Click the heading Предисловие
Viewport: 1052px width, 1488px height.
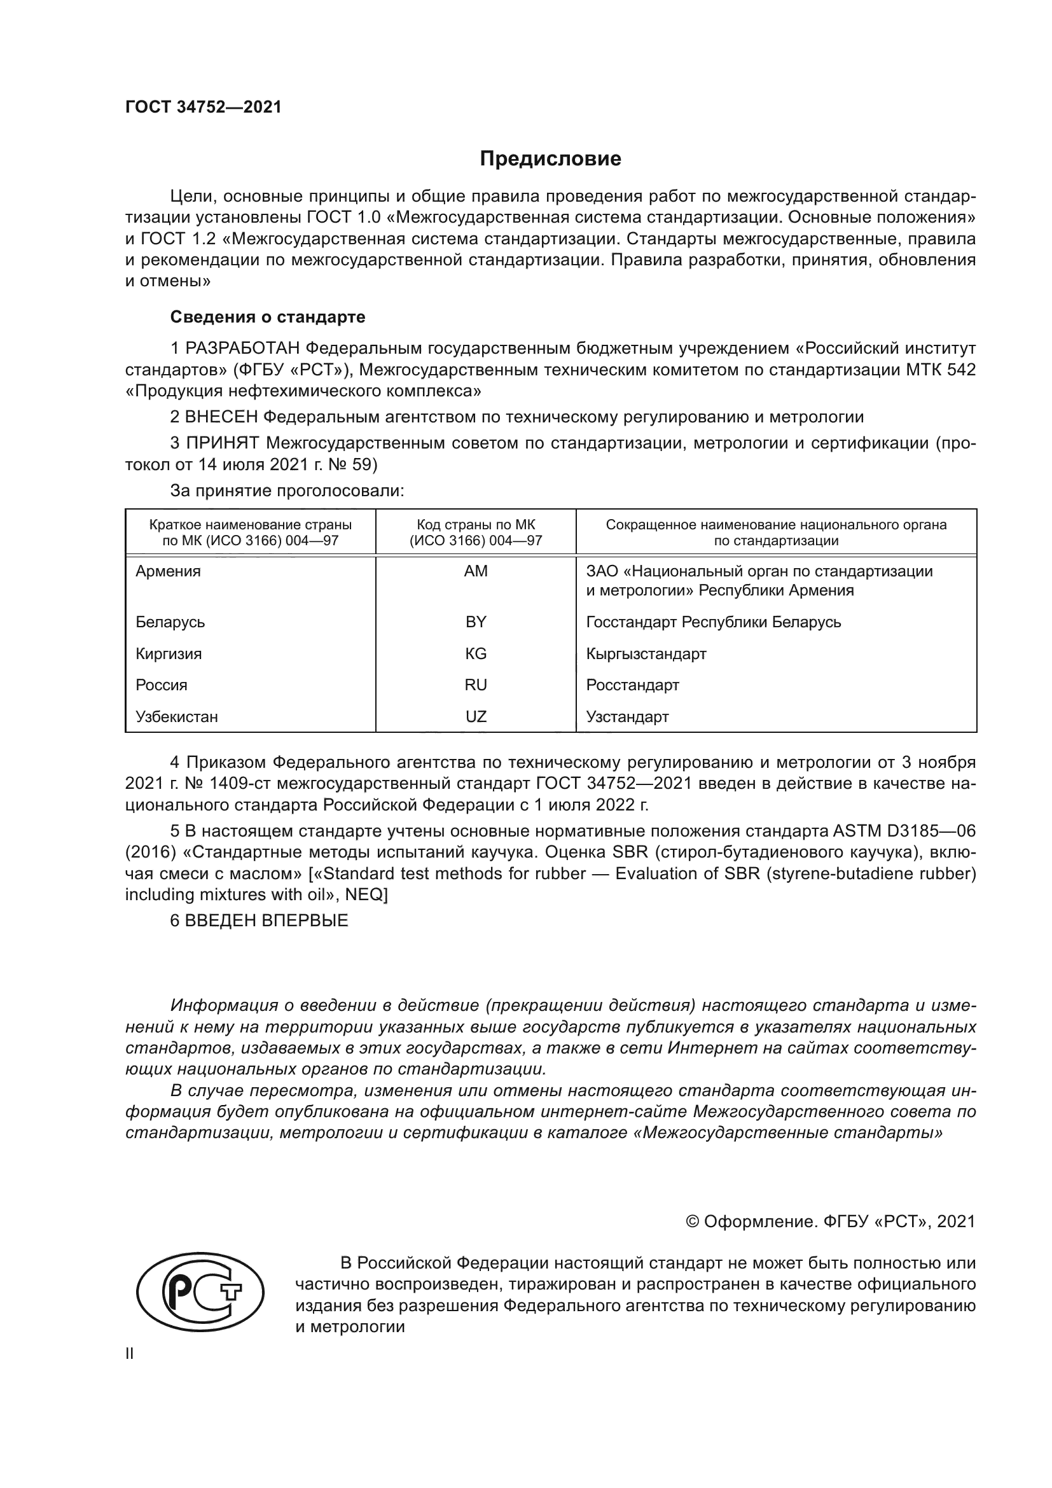[550, 159]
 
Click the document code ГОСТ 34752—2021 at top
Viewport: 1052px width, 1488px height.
[204, 107]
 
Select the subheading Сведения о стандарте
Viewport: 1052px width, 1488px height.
[268, 317]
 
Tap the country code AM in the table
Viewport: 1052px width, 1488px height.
[476, 571]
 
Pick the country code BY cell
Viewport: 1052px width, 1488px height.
[476, 622]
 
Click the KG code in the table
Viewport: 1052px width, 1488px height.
[476, 653]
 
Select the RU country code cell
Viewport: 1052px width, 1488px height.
[476, 685]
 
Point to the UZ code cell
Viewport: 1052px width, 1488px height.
[476, 716]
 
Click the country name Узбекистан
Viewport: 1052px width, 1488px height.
[176, 716]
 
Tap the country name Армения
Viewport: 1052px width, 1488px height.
[168, 571]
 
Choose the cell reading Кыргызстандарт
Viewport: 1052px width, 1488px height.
[646, 653]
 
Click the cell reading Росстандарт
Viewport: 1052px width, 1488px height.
[632, 685]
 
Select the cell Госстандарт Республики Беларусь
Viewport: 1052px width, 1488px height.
[713, 622]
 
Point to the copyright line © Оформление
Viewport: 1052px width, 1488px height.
[830, 1221]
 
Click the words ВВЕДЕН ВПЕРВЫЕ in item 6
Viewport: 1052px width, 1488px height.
[266, 921]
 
